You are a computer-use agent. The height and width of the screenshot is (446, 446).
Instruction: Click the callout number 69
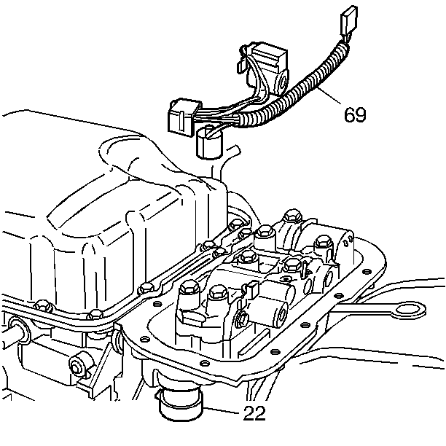[355, 114]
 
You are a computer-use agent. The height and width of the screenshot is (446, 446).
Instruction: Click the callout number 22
[254, 412]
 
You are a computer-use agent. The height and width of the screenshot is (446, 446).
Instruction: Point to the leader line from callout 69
[329, 95]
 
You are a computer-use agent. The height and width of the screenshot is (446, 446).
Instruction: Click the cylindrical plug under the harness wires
[208, 143]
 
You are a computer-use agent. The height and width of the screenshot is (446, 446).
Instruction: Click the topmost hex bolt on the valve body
[292, 216]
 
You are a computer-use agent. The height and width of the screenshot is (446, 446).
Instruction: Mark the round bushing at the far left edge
[20, 332]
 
